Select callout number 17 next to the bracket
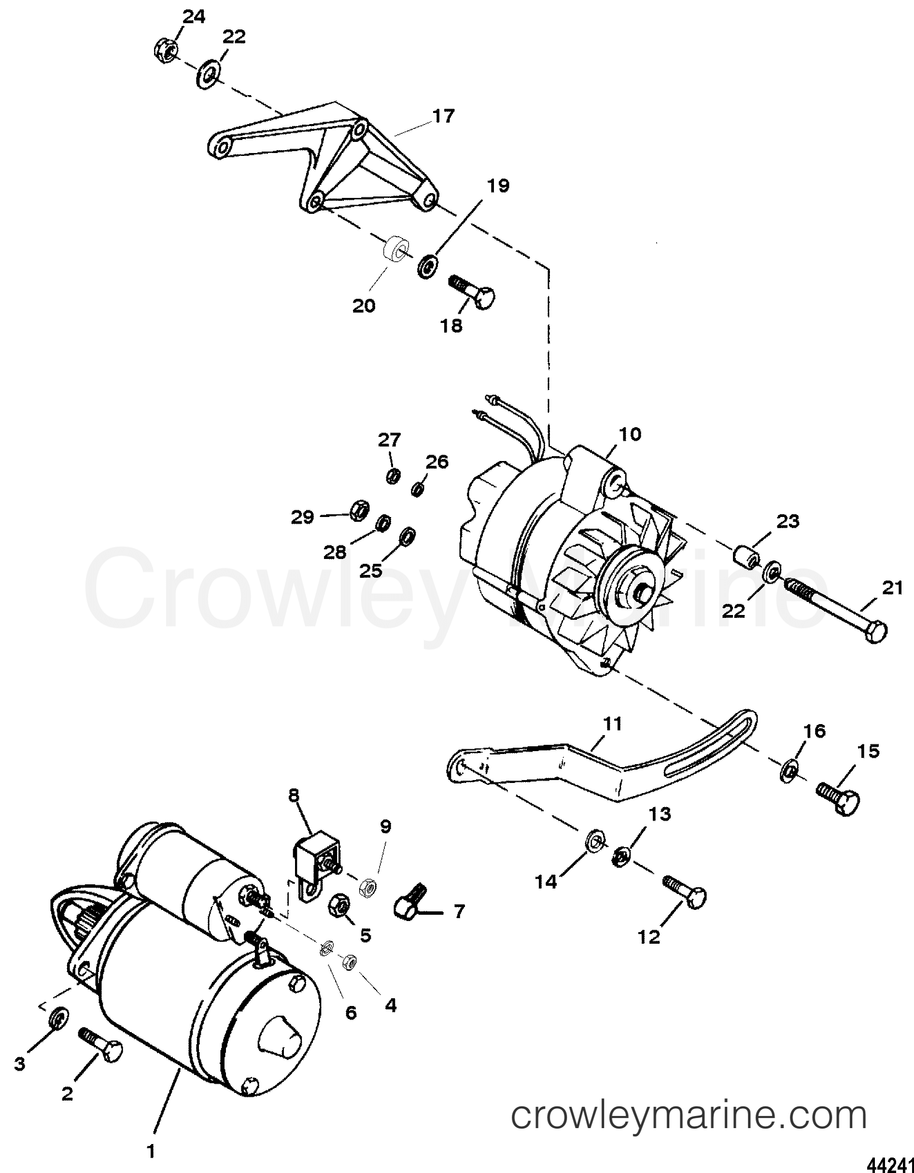tap(443, 116)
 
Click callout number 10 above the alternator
tap(630, 434)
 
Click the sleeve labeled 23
tap(746, 556)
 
